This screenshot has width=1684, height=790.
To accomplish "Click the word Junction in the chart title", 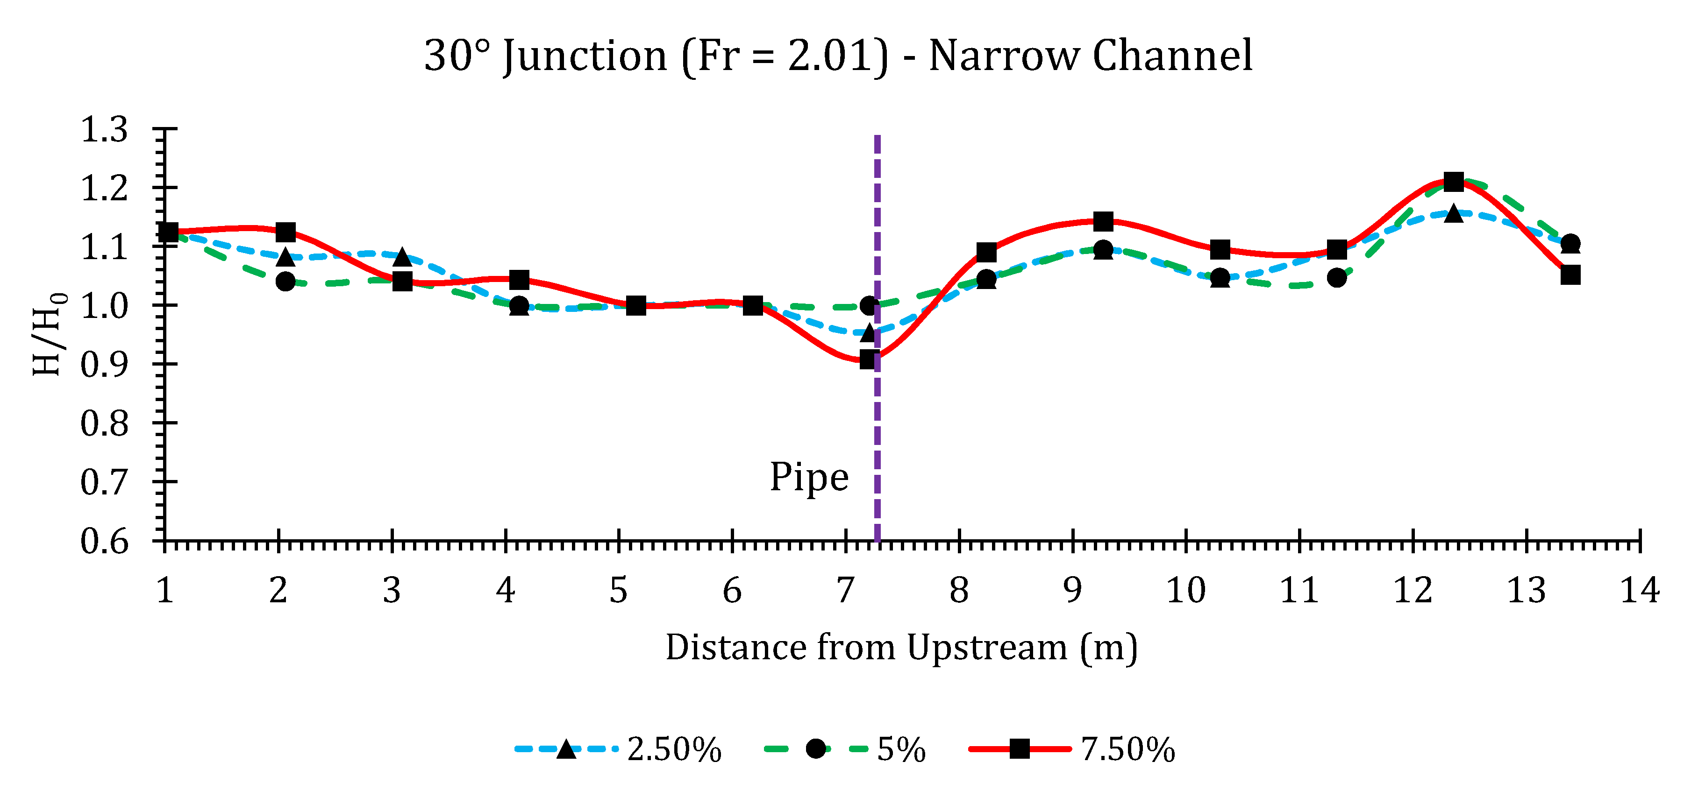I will point(585,56).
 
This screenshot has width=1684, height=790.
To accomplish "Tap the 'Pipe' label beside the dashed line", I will point(809,477).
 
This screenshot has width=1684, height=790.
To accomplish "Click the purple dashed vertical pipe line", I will point(878,425).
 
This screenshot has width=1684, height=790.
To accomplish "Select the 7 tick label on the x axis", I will point(845,591).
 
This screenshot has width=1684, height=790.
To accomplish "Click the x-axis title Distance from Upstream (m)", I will point(901,648).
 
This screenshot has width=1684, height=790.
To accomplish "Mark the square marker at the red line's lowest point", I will point(869,360).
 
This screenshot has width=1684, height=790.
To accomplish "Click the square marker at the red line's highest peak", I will point(1453,182).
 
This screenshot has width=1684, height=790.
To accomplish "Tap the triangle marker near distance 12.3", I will point(1453,213).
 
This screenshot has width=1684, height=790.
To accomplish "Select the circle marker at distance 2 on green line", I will point(285,282).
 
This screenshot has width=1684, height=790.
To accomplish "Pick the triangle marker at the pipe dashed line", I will point(868,332).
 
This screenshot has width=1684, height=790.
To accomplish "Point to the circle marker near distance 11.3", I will point(1337,278).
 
